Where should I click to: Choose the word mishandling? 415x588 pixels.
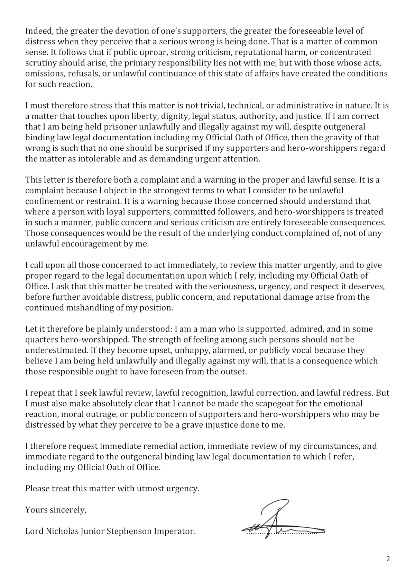(x=90, y=308)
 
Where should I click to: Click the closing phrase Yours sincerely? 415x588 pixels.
(x=56, y=510)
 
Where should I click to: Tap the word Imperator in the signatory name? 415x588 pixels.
(x=176, y=531)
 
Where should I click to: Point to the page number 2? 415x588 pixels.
(x=388, y=559)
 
